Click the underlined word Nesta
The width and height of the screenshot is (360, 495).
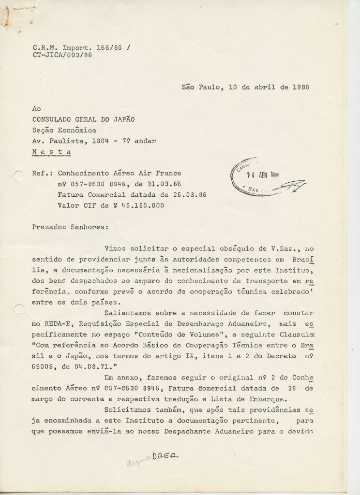coord(51,152)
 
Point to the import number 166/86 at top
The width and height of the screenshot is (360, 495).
coord(96,48)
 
